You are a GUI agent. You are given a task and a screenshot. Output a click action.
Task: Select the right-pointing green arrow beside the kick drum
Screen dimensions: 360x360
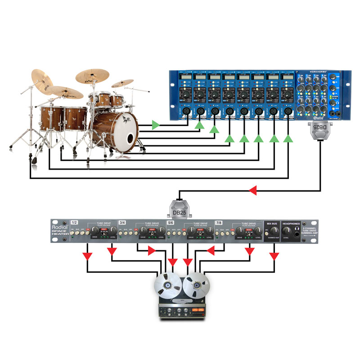point(156,124)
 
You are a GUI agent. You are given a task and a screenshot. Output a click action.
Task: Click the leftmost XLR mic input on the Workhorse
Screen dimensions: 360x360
point(186,111)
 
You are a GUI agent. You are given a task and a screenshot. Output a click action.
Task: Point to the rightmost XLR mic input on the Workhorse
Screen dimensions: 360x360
point(288,111)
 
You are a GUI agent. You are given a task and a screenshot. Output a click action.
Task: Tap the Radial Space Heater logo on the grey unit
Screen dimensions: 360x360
point(58,230)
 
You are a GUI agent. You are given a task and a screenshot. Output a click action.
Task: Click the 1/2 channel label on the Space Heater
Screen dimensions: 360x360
point(75,222)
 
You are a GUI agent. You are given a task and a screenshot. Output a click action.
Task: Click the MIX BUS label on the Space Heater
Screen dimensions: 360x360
point(272,223)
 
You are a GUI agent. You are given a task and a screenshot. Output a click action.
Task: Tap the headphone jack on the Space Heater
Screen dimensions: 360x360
point(294,233)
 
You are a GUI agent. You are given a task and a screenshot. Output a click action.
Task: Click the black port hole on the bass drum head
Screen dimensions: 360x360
point(130,138)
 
